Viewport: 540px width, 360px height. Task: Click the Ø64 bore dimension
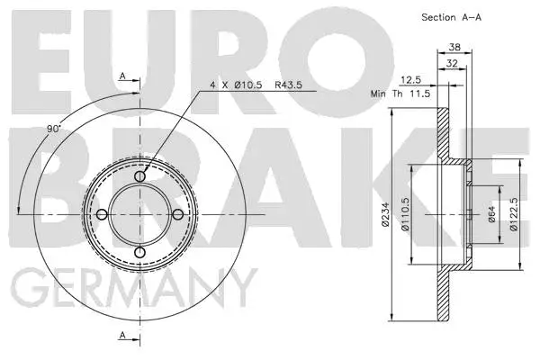[491, 213]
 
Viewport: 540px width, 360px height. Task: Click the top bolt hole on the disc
[139, 176]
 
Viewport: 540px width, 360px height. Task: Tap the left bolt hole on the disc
[102, 214]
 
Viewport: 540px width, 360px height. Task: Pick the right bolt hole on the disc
[177, 214]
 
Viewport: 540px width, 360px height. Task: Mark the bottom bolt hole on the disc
[139, 252]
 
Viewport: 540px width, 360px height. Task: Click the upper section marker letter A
[122, 76]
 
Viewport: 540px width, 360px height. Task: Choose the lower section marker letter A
[122, 336]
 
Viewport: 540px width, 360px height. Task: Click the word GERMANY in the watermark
[131, 290]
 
